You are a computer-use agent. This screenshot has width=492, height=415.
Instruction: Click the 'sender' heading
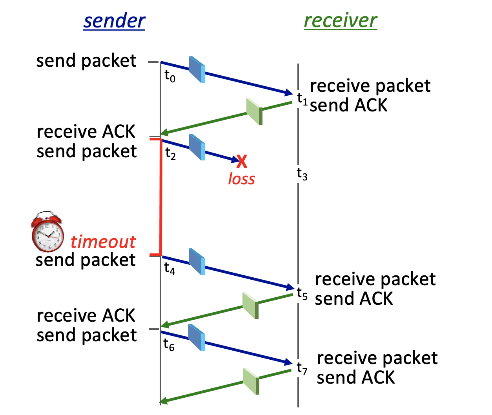[114, 21]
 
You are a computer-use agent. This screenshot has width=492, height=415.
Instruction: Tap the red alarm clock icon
[47, 232]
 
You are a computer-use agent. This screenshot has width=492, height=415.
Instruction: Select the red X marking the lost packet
[242, 161]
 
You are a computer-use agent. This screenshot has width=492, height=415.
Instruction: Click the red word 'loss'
[241, 179]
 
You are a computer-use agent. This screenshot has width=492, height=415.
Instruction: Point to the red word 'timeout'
[103, 242]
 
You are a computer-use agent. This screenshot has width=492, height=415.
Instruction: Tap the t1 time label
[302, 98]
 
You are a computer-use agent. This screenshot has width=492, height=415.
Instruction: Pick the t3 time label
[302, 173]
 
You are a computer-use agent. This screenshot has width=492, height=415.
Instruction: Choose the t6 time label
[169, 344]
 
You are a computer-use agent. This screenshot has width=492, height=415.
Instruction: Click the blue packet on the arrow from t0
[197, 70]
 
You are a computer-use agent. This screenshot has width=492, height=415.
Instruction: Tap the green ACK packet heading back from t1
[254, 111]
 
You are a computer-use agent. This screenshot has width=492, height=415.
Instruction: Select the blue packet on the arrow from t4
[197, 262]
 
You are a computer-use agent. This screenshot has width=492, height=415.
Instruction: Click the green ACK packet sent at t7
[251, 381]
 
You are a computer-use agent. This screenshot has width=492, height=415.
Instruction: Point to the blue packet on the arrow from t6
[197, 337]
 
